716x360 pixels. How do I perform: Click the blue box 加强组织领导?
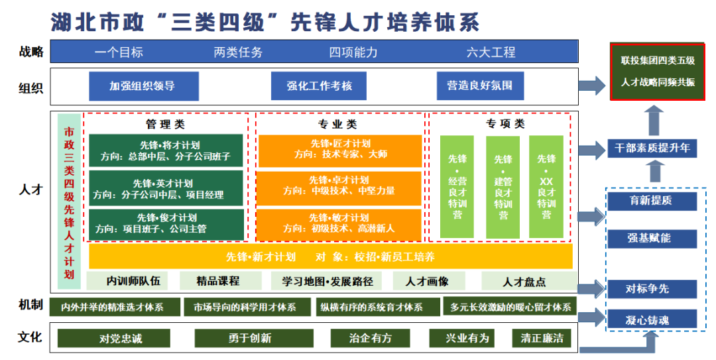click(x=143, y=86)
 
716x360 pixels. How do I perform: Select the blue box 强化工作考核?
click(x=319, y=86)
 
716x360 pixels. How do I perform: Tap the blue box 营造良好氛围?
click(x=480, y=86)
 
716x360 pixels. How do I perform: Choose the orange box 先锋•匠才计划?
click(x=339, y=150)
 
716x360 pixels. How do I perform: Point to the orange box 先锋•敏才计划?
click(x=339, y=223)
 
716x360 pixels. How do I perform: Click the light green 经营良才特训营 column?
click(x=457, y=187)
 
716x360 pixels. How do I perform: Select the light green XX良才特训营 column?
click(x=546, y=187)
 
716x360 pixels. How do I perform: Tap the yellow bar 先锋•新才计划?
click(x=330, y=257)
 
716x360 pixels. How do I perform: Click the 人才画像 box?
click(x=431, y=281)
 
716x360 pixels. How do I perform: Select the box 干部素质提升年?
click(x=652, y=149)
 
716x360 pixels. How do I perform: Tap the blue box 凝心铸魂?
click(x=652, y=320)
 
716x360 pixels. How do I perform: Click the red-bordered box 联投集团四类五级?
click(x=658, y=71)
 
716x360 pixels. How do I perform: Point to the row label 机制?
click(x=30, y=305)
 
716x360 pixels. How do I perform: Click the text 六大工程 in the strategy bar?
click(x=491, y=52)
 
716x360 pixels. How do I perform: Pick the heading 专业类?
click(x=337, y=124)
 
